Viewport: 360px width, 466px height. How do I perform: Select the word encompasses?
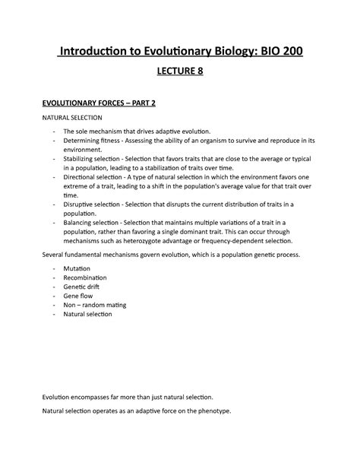tap(95, 397)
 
